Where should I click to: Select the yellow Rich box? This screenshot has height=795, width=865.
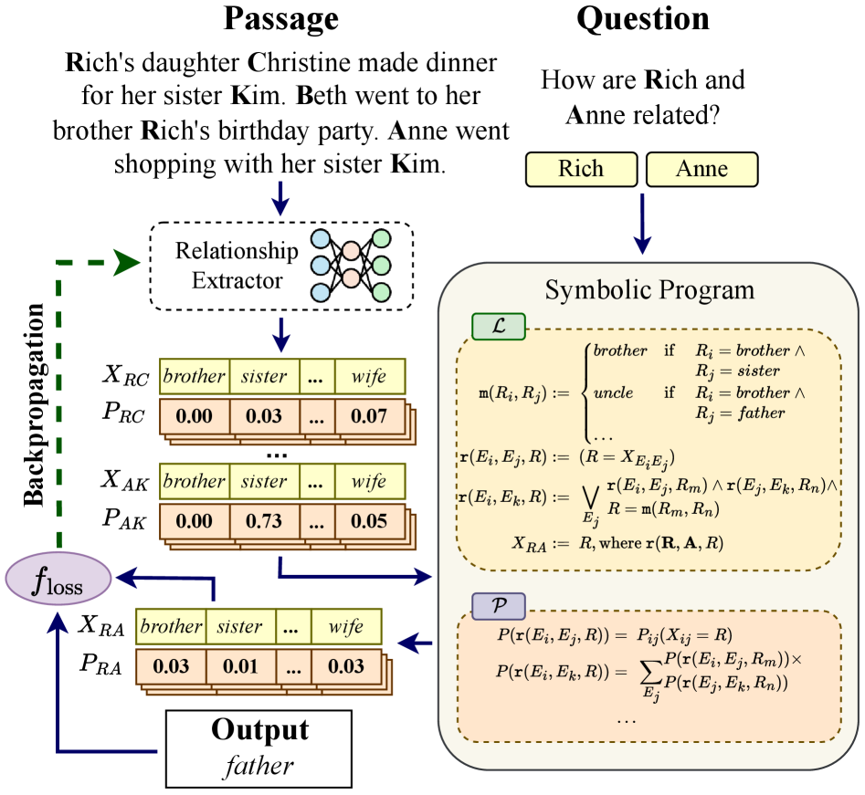click(x=581, y=169)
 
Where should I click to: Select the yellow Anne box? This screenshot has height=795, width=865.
click(x=701, y=169)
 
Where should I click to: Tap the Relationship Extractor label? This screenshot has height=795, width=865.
click(x=237, y=265)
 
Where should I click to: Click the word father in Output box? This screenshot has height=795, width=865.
click(x=260, y=764)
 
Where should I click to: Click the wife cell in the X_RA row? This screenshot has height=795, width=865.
click(x=345, y=627)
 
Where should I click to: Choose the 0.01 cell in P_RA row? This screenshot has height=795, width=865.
click(x=239, y=665)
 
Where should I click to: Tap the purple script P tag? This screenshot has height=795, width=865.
click(x=498, y=605)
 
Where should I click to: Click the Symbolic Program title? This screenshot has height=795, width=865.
click(x=649, y=290)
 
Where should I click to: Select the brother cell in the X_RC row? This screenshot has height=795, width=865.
click(x=193, y=375)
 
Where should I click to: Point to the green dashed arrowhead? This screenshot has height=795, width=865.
click(x=128, y=263)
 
